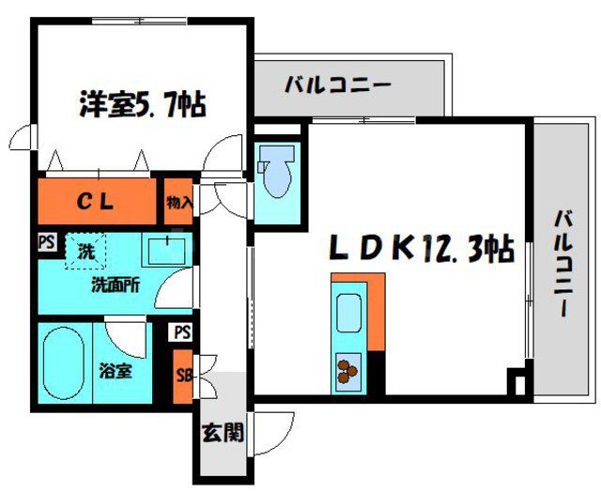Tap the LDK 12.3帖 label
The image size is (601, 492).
point(420,249)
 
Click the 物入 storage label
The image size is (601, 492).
point(178,201)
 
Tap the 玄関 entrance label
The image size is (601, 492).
point(223,433)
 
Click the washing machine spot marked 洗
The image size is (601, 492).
point(85,253)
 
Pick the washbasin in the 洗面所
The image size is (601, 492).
point(167,250)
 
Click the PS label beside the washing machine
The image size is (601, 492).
point(46,242)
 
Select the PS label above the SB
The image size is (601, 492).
point(182,332)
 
